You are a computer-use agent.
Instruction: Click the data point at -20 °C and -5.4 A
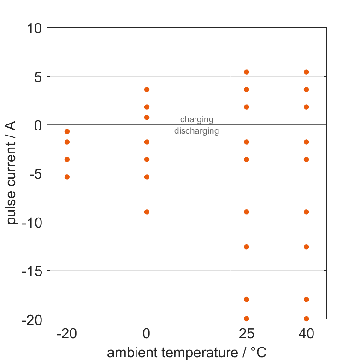tap(67, 177)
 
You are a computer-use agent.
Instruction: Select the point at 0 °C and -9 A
tap(147, 212)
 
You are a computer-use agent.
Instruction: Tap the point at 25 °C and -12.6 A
tap(247, 247)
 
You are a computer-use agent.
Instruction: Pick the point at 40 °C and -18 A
tap(306, 300)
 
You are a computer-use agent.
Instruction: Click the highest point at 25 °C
tap(247, 72)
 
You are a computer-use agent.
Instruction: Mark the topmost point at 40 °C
tap(306, 72)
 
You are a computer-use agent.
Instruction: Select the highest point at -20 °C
tap(67, 131)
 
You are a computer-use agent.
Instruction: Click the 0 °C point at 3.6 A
tap(147, 89)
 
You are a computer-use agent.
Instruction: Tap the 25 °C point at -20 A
tap(247, 319)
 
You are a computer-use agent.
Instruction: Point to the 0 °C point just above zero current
tap(147, 118)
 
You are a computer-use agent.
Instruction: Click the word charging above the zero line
tap(197, 119)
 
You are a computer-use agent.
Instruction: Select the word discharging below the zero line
tap(197, 131)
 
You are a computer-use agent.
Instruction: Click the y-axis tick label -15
tap(32, 271)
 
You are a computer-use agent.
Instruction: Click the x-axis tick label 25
tap(247, 334)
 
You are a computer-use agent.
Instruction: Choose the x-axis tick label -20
tap(67, 334)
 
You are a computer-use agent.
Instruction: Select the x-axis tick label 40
tap(306, 334)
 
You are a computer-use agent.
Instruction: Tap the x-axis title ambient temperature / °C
tap(187, 353)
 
